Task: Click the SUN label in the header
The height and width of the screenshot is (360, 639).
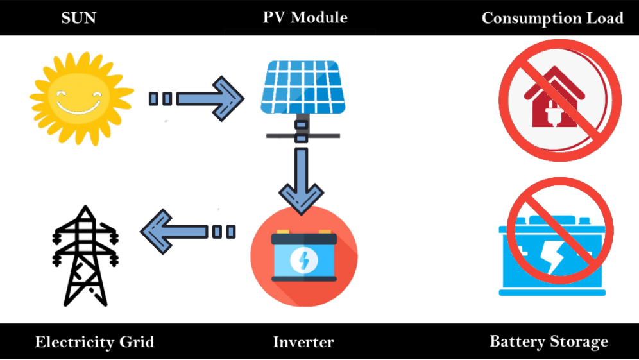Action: [x=78, y=17]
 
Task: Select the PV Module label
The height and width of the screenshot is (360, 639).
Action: [x=305, y=17]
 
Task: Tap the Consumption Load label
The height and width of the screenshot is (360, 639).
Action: [x=552, y=18]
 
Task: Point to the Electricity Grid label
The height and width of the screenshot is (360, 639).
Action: [x=94, y=341]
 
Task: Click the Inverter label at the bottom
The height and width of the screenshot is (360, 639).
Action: [x=303, y=341]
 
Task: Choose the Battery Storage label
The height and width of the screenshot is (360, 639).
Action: [x=549, y=341]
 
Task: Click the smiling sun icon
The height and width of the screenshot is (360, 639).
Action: [x=81, y=97]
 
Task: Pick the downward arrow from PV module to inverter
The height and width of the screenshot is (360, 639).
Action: [x=301, y=179]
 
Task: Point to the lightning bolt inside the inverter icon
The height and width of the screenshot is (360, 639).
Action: [x=303, y=260]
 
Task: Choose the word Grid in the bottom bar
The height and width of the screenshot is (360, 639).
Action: [x=137, y=341]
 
